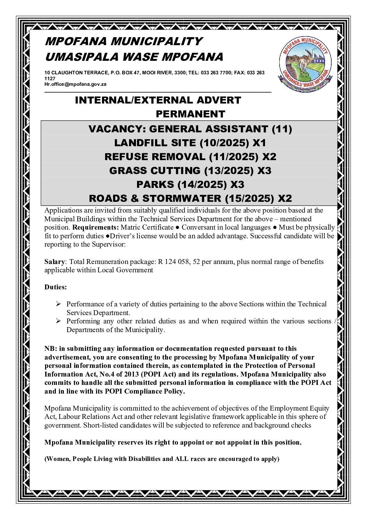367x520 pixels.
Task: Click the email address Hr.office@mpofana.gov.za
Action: pos(75,84)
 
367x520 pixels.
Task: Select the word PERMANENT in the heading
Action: pos(190,114)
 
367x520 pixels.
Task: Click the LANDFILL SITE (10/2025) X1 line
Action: pos(190,143)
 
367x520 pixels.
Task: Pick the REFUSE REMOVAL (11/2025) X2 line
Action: pos(190,157)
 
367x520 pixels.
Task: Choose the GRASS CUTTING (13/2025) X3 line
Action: pos(190,171)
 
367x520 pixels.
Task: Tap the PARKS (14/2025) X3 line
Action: pos(190,184)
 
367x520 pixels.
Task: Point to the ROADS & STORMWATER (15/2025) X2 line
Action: pos(190,198)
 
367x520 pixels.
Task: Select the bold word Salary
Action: pos(54,262)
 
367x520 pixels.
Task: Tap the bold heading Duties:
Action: pos(56,287)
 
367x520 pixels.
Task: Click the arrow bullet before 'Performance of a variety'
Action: pos(59,304)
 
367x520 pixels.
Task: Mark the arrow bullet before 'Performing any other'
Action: pos(59,321)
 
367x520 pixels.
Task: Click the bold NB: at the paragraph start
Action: pos(51,348)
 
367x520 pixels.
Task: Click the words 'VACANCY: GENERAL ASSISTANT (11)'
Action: pos(190,129)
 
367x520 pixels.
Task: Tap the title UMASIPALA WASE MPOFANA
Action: pos(134,57)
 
